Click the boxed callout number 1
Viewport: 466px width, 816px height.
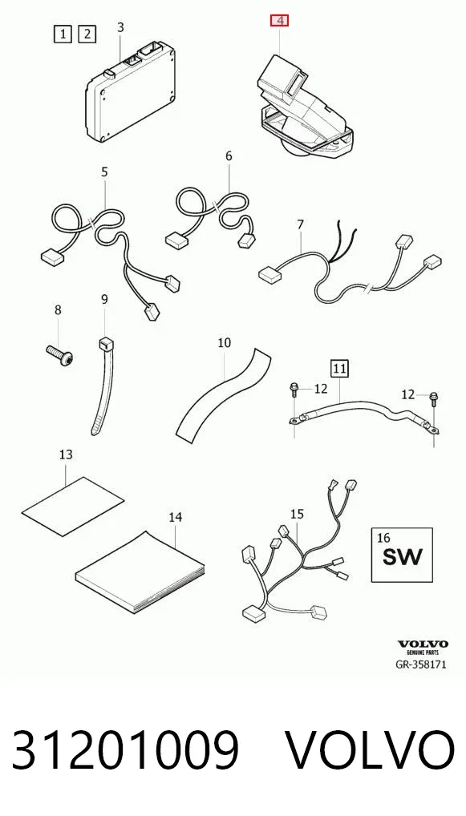pos(63,34)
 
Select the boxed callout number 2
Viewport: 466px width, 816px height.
pos(87,34)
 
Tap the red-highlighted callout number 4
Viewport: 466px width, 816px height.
pos(281,21)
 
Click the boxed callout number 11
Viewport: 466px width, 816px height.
pos(339,369)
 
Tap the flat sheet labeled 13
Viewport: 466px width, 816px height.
pos(73,506)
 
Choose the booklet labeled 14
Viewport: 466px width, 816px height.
pos(140,572)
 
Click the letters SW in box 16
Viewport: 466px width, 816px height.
pos(403,557)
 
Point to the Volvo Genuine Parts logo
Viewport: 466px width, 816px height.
pos(423,647)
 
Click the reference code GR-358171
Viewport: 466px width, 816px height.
pos(422,665)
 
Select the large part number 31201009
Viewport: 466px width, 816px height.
pos(125,749)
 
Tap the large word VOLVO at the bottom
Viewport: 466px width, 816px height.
pos(371,750)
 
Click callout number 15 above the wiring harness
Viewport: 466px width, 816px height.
pos(297,514)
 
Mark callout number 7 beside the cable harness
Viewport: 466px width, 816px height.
pos(300,224)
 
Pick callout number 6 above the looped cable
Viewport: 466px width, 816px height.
pos(229,156)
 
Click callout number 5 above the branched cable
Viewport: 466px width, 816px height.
pos(104,172)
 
